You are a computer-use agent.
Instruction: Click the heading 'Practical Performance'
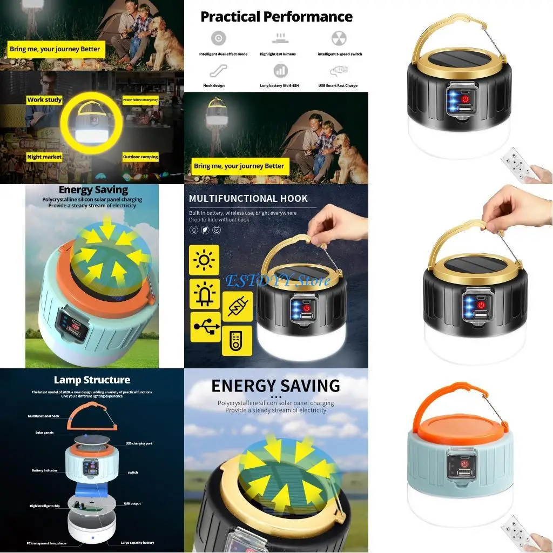point(276,17)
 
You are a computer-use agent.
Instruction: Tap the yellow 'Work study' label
point(44,100)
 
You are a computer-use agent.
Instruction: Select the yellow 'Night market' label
point(44,157)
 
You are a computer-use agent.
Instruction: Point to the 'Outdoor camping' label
point(140,157)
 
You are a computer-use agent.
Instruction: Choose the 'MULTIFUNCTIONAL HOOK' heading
point(248,199)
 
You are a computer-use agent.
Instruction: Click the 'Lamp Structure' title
point(92,380)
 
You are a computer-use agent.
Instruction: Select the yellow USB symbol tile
point(205,326)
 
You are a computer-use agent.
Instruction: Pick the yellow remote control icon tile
point(237,340)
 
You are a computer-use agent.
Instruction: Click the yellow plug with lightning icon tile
point(237,307)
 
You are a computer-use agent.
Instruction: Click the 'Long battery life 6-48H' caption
point(280,86)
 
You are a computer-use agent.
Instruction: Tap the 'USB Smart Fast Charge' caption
point(338,86)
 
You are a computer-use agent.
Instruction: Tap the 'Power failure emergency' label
point(140,100)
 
